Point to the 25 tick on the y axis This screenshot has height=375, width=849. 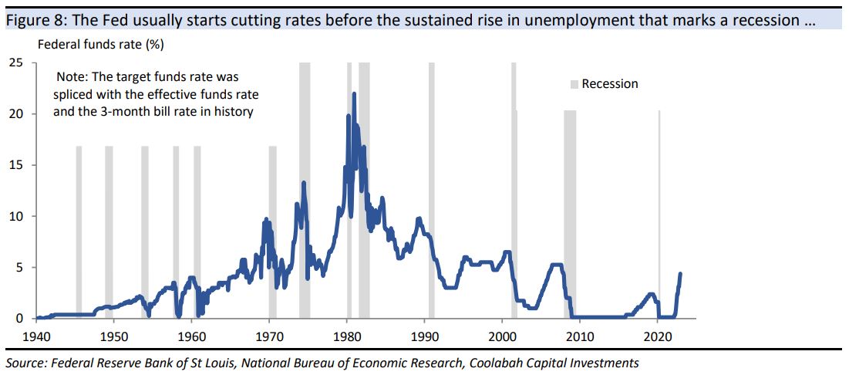[15, 62]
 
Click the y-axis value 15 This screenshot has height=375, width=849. [15, 165]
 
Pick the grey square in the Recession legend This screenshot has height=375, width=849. [574, 84]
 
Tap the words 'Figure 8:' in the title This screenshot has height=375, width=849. [30, 20]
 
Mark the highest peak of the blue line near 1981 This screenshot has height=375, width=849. [354, 94]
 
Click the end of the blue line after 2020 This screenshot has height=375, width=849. [680, 273]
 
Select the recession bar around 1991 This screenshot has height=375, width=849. [432, 189]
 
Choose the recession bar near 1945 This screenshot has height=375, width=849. [79, 231]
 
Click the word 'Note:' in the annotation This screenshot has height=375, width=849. [74, 78]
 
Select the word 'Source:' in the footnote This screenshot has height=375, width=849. [25, 363]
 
